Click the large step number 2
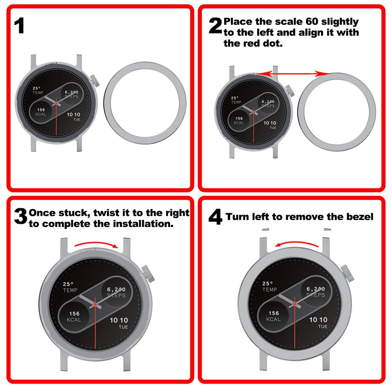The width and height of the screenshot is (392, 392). coord(215,26)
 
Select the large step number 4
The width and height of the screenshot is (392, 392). coord(215,218)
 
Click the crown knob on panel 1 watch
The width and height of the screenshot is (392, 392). coord(95,82)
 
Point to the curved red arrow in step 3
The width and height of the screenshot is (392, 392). coord(96,244)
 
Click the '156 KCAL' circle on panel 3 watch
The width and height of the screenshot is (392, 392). coord(74,316)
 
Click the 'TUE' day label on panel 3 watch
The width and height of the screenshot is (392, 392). coord(123,327)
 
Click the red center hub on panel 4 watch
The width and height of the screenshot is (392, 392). coord(294,304)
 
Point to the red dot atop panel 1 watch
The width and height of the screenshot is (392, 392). coord(57,62)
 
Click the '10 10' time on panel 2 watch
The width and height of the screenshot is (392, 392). coord(269,123)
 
